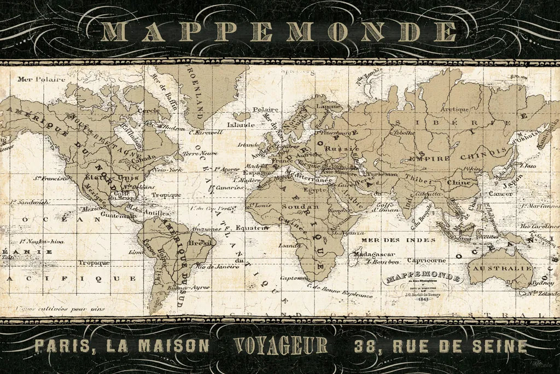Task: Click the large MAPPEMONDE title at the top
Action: point(279,32)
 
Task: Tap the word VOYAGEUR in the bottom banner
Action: point(281,346)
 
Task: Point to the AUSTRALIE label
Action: point(503,269)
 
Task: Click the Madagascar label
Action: point(372,254)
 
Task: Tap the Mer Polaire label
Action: point(38,79)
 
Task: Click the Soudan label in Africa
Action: point(296,206)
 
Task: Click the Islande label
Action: point(241,124)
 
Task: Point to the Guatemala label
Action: point(114,216)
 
